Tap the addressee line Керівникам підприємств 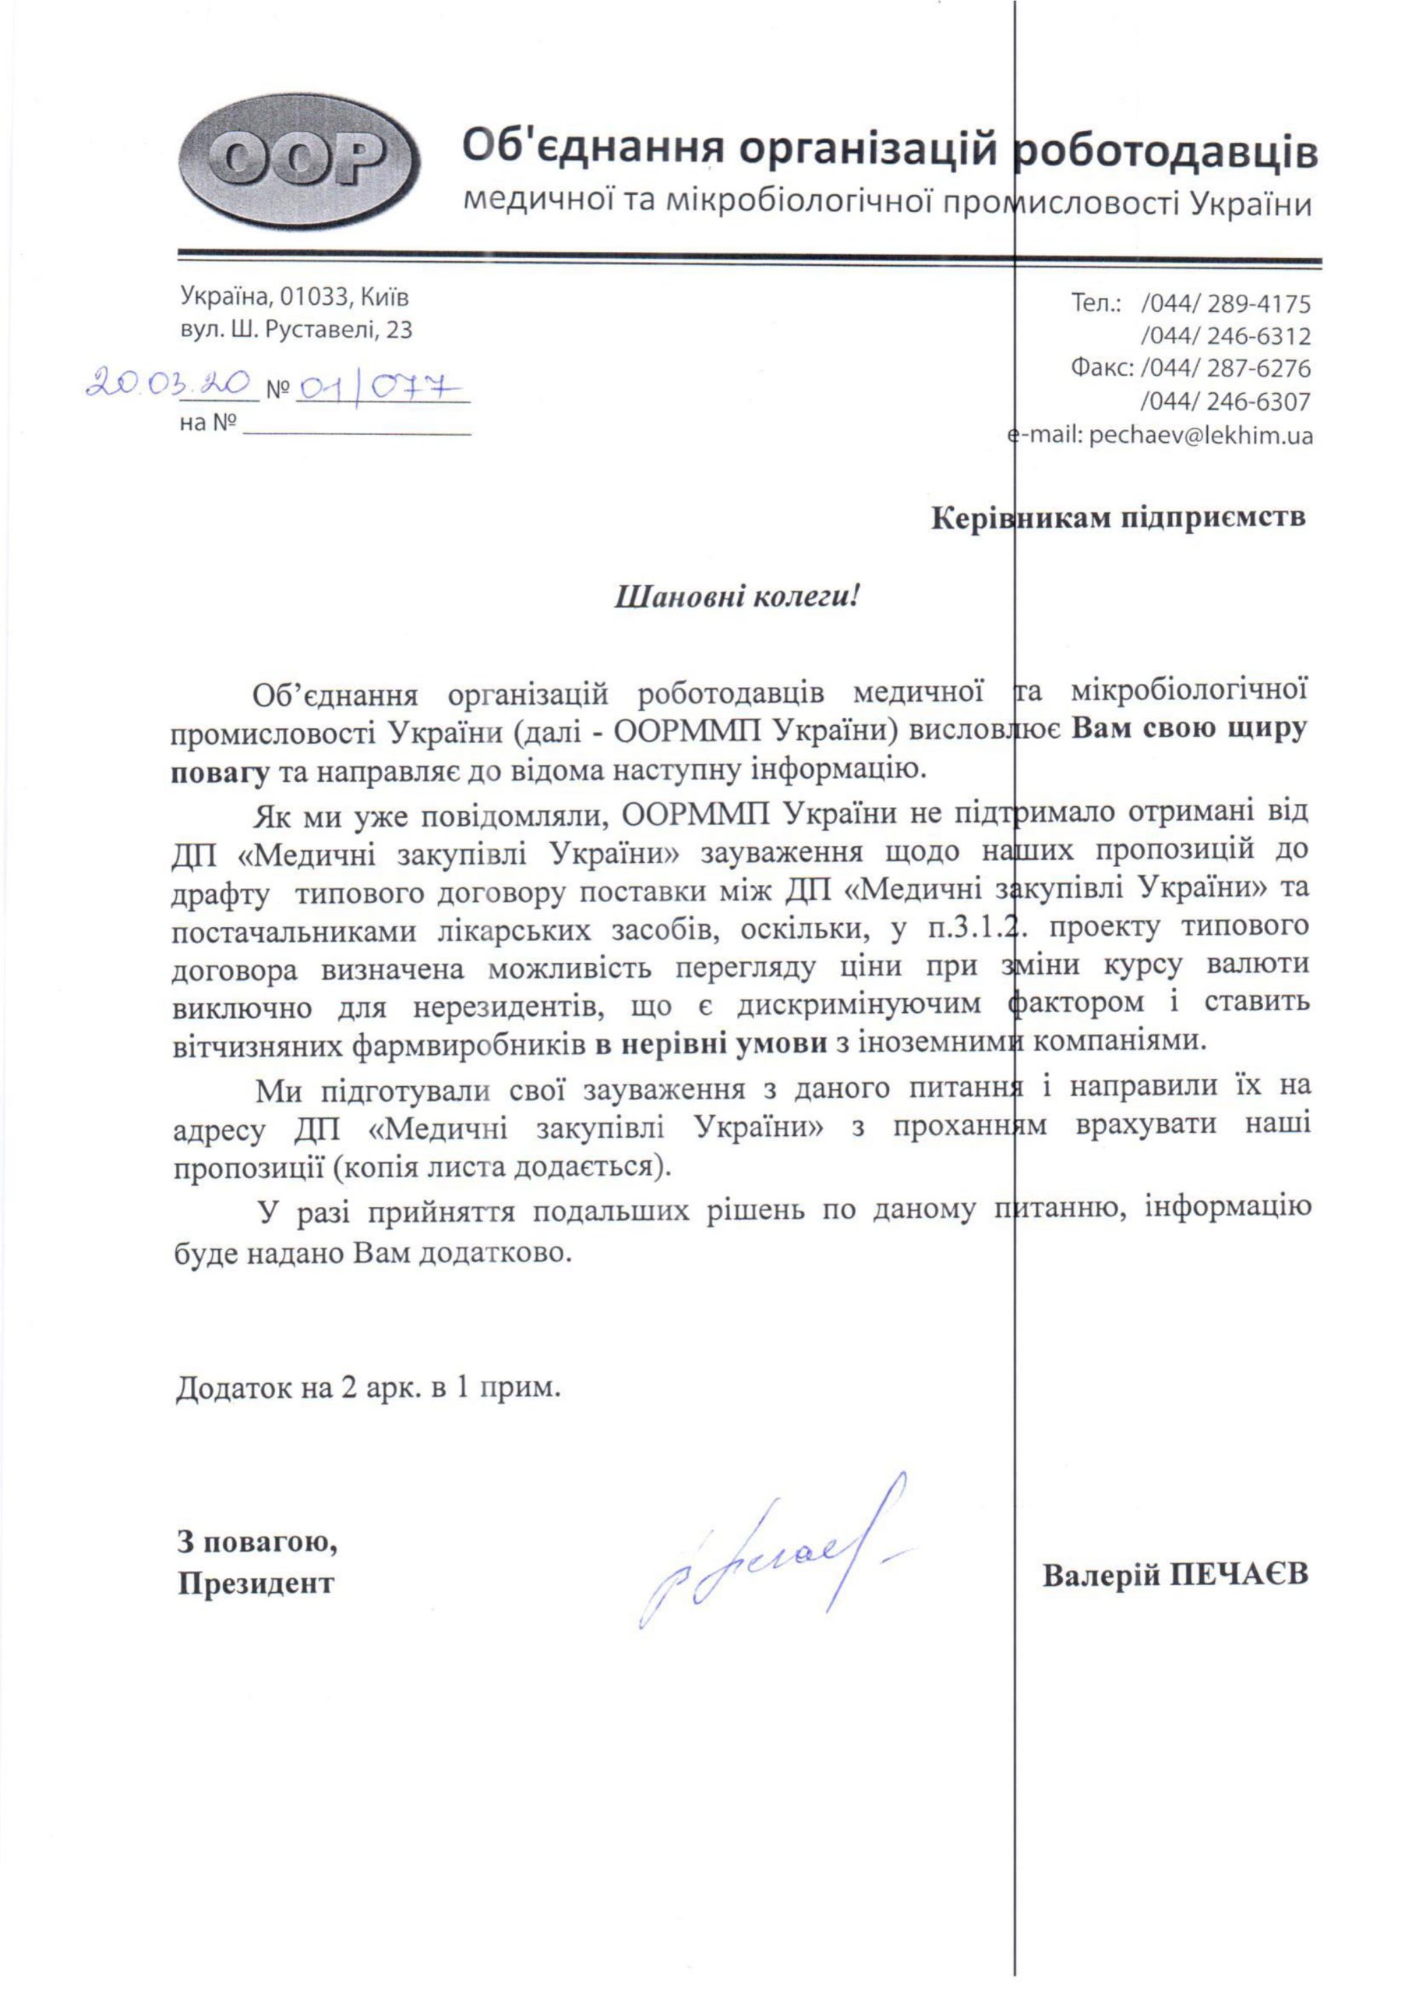tap(1118, 518)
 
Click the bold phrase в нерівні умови tap(711, 1045)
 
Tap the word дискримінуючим tap(859, 1004)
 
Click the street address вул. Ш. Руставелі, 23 tap(296, 330)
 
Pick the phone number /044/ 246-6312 tap(1225, 337)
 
